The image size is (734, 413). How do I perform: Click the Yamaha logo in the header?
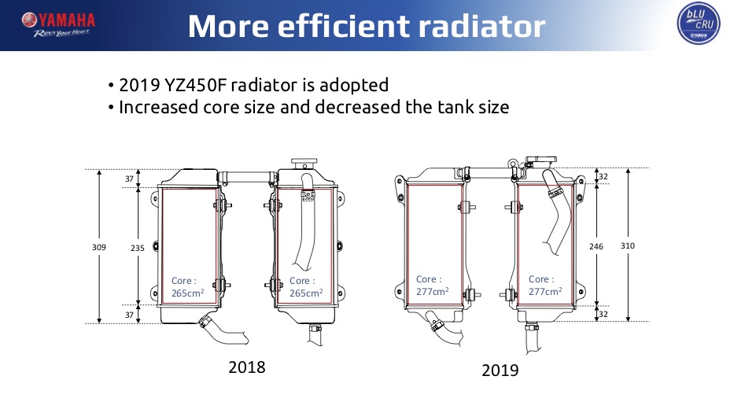click(x=58, y=25)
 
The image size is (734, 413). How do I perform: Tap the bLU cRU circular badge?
click(x=699, y=24)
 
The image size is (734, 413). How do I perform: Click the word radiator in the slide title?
click(x=482, y=26)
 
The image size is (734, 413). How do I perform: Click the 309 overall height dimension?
click(x=99, y=247)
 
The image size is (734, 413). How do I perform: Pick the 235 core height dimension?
click(x=137, y=248)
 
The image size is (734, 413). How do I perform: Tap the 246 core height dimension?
click(x=596, y=246)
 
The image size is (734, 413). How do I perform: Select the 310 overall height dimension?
click(x=628, y=245)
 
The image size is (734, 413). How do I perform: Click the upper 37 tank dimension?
click(x=129, y=179)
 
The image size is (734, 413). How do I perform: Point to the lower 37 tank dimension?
click(x=129, y=315)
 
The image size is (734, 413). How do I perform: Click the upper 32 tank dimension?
click(x=603, y=176)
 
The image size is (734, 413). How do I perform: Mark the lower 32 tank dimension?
click(x=603, y=314)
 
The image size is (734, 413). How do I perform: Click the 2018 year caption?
click(x=247, y=367)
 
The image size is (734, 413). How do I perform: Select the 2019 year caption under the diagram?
click(x=500, y=371)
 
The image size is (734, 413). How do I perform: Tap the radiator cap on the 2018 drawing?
click(x=304, y=164)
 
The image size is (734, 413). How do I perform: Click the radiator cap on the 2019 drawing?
click(x=541, y=161)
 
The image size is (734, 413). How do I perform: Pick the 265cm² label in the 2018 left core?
click(x=187, y=293)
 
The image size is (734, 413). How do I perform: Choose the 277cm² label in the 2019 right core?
click(x=545, y=292)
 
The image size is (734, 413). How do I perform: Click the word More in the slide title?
click(x=228, y=26)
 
